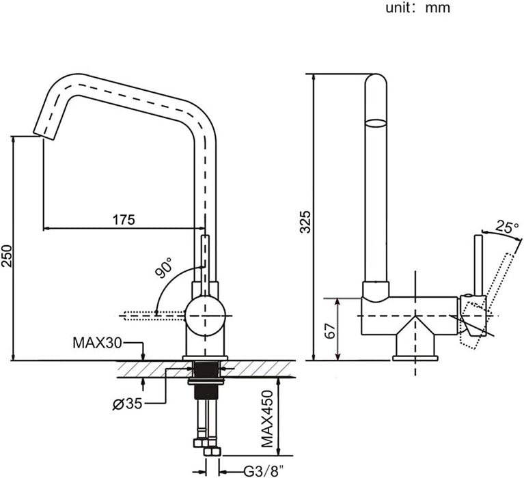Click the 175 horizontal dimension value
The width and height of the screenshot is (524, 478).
124,220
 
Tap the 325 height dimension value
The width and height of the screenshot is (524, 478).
305,222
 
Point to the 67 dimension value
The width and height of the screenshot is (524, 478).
330,331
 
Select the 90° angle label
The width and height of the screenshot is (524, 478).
164,268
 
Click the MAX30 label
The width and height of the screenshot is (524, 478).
96,342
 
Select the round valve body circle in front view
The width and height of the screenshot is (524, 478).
206,316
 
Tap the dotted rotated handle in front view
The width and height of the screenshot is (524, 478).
152,315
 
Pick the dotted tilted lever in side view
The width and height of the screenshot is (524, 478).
503,273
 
